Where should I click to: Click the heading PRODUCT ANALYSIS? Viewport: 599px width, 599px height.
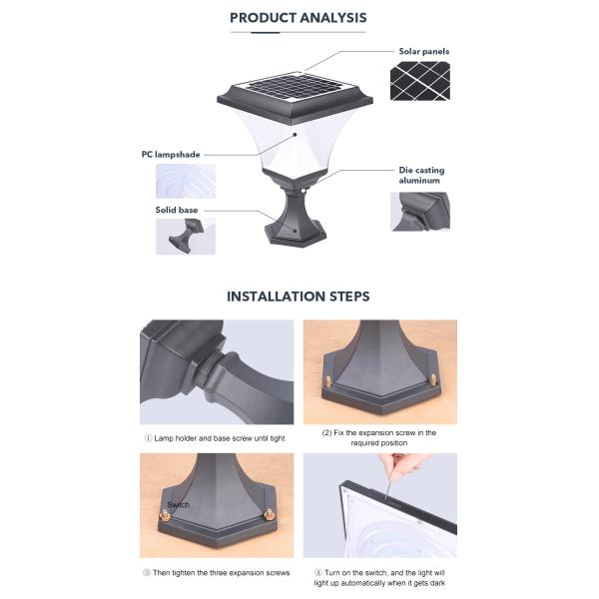coord(298,18)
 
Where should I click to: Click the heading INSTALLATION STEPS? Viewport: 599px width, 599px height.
coord(298,297)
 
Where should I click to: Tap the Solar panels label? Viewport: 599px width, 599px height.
coord(423,51)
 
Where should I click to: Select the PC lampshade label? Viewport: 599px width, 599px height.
coord(172,155)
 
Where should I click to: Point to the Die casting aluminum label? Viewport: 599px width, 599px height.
coord(421,176)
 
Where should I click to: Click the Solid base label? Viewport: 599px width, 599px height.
coord(176,211)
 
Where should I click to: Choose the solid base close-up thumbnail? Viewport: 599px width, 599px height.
coord(185,237)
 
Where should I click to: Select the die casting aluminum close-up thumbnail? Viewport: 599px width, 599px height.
coord(419,212)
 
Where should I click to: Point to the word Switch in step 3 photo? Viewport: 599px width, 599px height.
coord(179,505)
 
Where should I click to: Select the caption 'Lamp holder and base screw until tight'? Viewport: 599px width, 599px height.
coord(217,438)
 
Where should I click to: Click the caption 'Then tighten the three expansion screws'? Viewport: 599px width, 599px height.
coord(216,573)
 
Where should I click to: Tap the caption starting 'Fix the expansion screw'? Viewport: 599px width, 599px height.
coord(379,438)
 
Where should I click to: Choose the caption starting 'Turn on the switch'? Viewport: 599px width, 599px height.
coord(379,578)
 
